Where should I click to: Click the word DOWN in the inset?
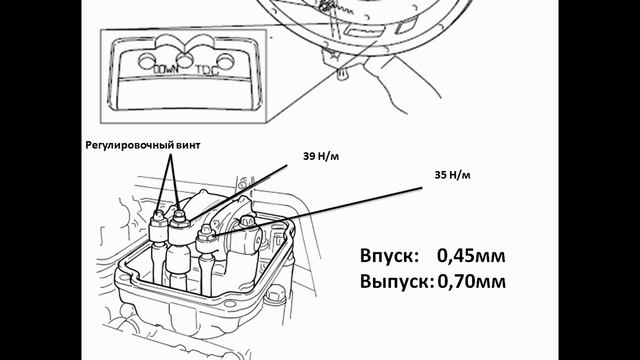[x=165, y=69]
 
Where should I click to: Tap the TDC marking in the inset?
[x=207, y=70]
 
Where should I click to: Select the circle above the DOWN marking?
[x=147, y=61]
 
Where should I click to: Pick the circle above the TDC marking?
[x=225, y=61]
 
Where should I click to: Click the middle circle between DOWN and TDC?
[x=186, y=61]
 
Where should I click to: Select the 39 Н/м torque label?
[x=321, y=156]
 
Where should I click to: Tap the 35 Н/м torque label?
[x=452, y=175]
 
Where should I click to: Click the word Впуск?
[x=389, y=256]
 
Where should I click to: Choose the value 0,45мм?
[x=471, y=256]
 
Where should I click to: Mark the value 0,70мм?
[x=471, y=282]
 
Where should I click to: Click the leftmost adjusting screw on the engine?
[x=158, y=215]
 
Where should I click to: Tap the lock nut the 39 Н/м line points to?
[x=179, y=222]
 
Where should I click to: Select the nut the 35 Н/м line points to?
[x=207, y=236]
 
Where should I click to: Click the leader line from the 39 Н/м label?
[x=238, y=193]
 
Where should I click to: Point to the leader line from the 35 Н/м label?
[x=317, y=211]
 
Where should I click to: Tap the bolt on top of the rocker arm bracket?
[x=246, y=221]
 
